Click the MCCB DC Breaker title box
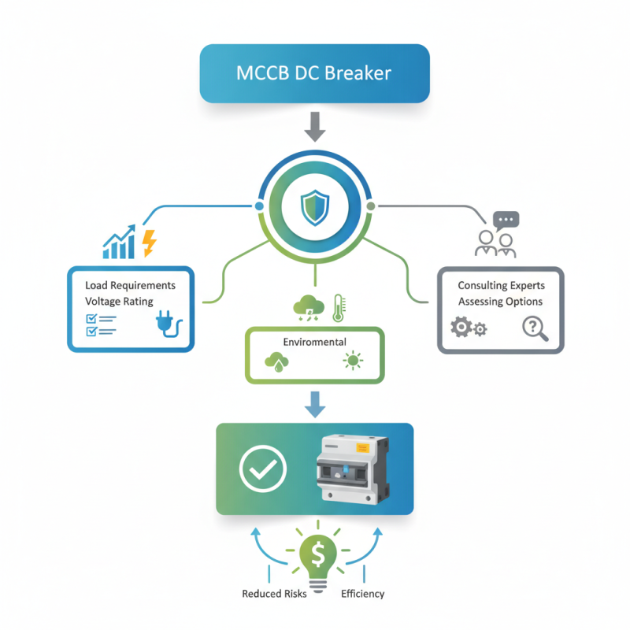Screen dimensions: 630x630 (x=314, y=73)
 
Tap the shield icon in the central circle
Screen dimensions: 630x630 (x=314, y=207)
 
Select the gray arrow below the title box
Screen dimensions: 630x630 (x=314, y=127)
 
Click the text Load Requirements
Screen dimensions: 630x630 (x=130, y=285)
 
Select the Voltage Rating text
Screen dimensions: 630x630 (x=119, y=302)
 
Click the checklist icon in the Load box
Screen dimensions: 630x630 (x=100, y=324)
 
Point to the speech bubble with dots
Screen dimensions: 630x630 (x=505, y=220)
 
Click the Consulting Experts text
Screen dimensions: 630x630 (x=501, y=285)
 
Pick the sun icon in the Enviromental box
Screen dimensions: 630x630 (x=351, y=361)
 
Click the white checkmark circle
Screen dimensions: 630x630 (x=262, y=468)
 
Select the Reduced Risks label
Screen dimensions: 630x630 (x=274, y=594)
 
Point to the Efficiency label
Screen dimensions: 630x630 (x=363, y=594)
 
